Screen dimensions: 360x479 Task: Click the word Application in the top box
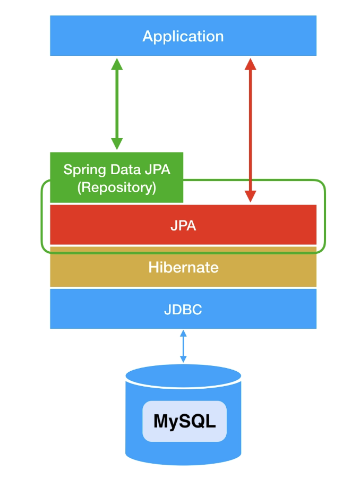click(x=183, y=37)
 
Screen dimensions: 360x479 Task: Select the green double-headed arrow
click(x=117, y=104)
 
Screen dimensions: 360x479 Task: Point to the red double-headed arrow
click(x=250, y=130)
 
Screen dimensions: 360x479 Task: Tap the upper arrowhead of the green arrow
click(x=117, y=64)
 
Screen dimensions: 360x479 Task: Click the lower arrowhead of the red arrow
click(x=250, y=196)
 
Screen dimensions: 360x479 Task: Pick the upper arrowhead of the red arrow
click(x=250, y=64)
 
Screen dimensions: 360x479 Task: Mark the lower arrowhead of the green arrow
click(x=117, y=143)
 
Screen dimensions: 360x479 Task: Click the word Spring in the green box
click(x=84, y=170)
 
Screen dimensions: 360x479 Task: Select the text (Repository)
click(x=117, y=187)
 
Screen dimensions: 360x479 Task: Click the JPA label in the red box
click(x=183, y=226)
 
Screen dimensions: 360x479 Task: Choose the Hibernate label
click(x=183, y=267)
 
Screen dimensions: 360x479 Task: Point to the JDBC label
click(x=183, y=310)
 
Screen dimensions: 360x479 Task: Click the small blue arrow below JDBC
click(x=183, y=346)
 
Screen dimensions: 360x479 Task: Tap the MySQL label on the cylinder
click(x=184, y=422)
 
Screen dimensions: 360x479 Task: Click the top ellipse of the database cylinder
click(x=183, y=376)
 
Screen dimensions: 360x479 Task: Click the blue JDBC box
click(x=183, y=309)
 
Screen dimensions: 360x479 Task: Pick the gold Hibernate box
click(x=183, y=267)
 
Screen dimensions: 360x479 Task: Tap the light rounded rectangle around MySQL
click(x=184, y=421)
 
